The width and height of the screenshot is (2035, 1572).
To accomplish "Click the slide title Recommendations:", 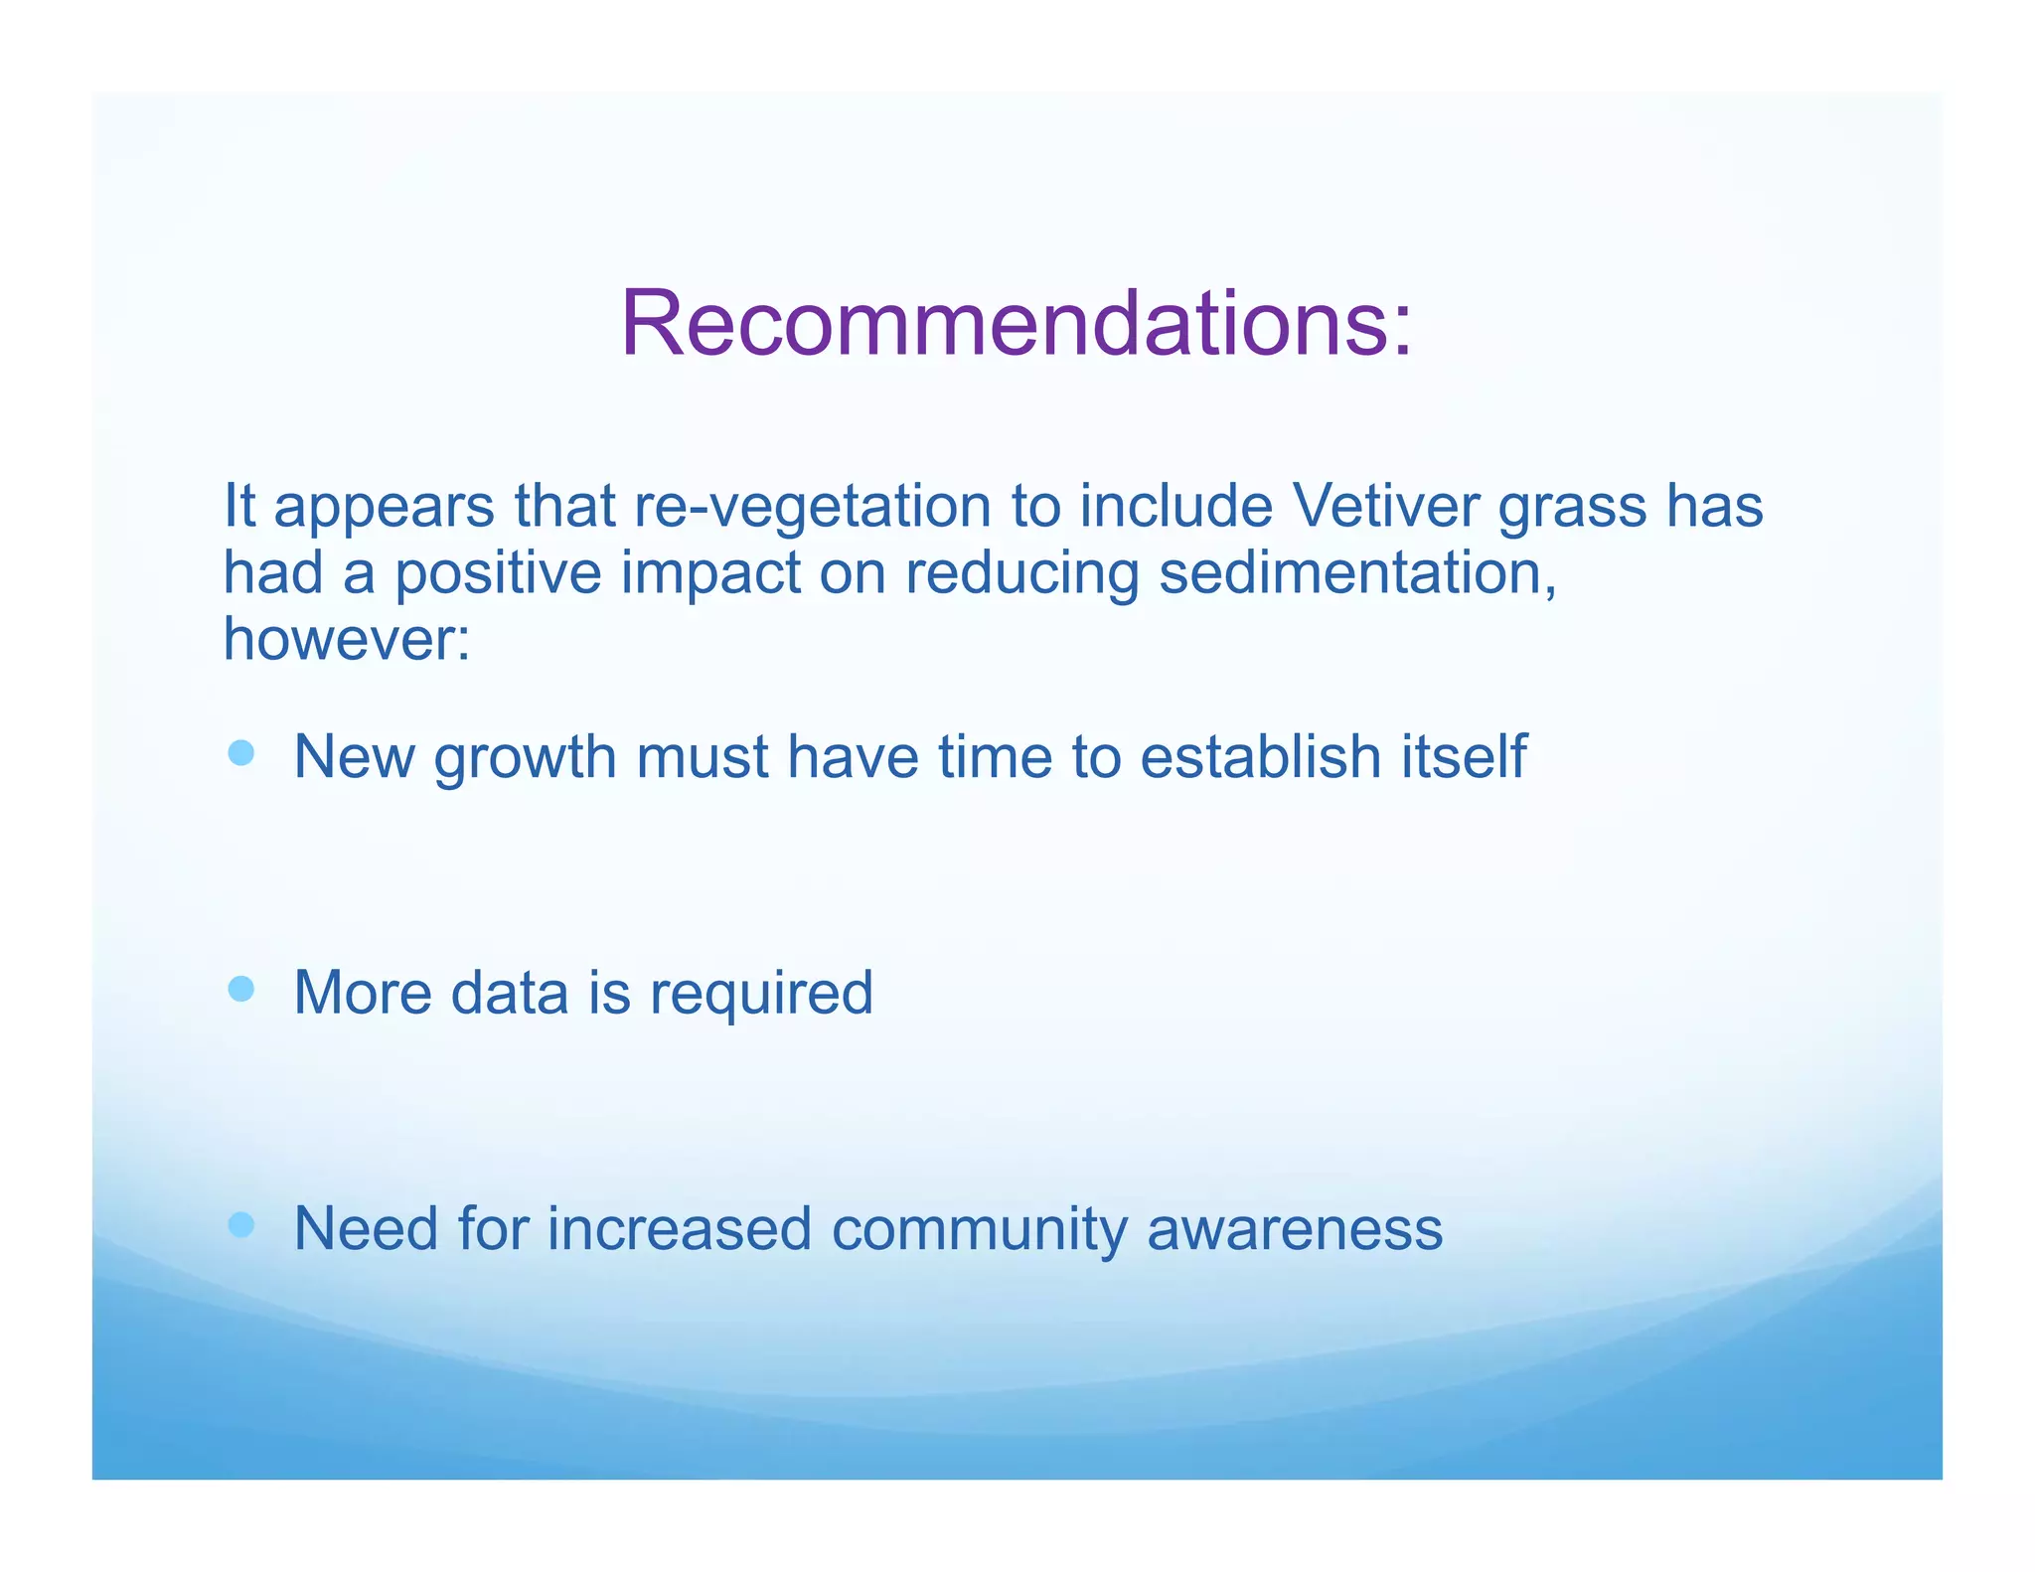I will (1016, 324).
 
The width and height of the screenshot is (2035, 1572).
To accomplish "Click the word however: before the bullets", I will (347, 639).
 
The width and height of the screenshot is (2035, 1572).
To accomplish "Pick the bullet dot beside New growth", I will (240, 752).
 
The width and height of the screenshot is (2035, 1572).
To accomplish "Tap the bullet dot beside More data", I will (240, 989).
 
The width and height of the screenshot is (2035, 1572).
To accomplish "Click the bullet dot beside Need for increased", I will (240, 1224).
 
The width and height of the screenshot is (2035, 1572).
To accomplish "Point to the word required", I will (761, 994).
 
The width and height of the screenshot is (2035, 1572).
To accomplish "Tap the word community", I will (980, 1230).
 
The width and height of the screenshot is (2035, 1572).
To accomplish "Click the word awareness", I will (1294, 1230).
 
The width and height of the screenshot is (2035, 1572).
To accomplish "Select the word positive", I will (498, 575).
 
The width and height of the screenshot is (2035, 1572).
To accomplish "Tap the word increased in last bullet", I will (680, 1229).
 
